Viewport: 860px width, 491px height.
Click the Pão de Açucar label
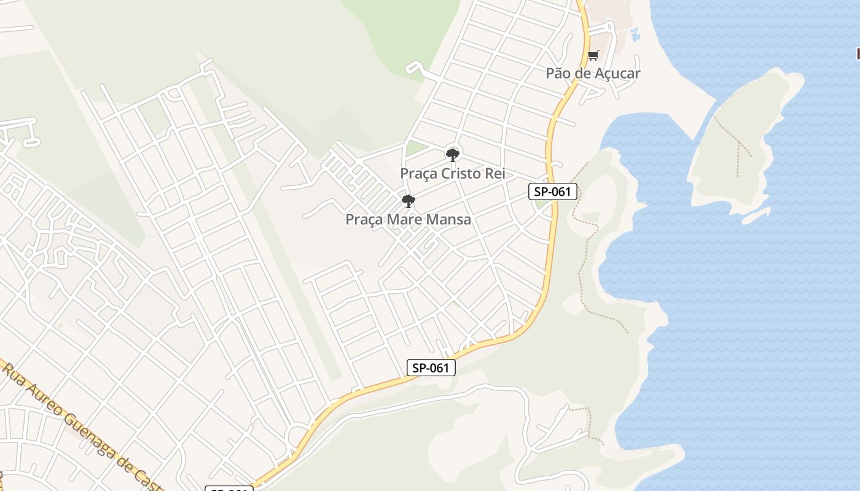tap(593, 73)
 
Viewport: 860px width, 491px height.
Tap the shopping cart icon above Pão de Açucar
tap(593, 56)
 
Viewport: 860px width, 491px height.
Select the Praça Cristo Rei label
tap(453, 174)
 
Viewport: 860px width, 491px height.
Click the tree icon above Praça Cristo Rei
tap(453, 155)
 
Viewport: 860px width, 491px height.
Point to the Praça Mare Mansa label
tap(408, 219)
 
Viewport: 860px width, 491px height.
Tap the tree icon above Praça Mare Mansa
tap(408, 201)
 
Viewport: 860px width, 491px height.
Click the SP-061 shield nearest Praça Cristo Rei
tap(553, 191)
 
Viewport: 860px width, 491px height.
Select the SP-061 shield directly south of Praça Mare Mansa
tap(431, 368)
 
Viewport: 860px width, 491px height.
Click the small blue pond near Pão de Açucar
tap(635, 34)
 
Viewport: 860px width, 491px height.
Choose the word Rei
tap(495, 174)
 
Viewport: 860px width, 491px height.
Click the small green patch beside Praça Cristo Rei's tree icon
tap(416, 148)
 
